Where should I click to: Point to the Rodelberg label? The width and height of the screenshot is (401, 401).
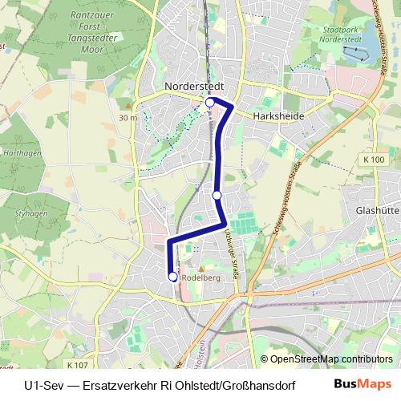(201, 277)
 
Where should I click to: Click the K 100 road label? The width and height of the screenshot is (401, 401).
(373, 160)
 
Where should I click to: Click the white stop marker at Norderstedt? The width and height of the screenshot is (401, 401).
(210, 103)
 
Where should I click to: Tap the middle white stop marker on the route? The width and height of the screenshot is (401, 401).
(217, 194)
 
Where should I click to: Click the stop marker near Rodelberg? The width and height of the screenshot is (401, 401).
(173, 277)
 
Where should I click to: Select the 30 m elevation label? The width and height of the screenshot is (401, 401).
(127, 118)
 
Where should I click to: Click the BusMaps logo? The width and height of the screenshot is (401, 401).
(362, 384)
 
